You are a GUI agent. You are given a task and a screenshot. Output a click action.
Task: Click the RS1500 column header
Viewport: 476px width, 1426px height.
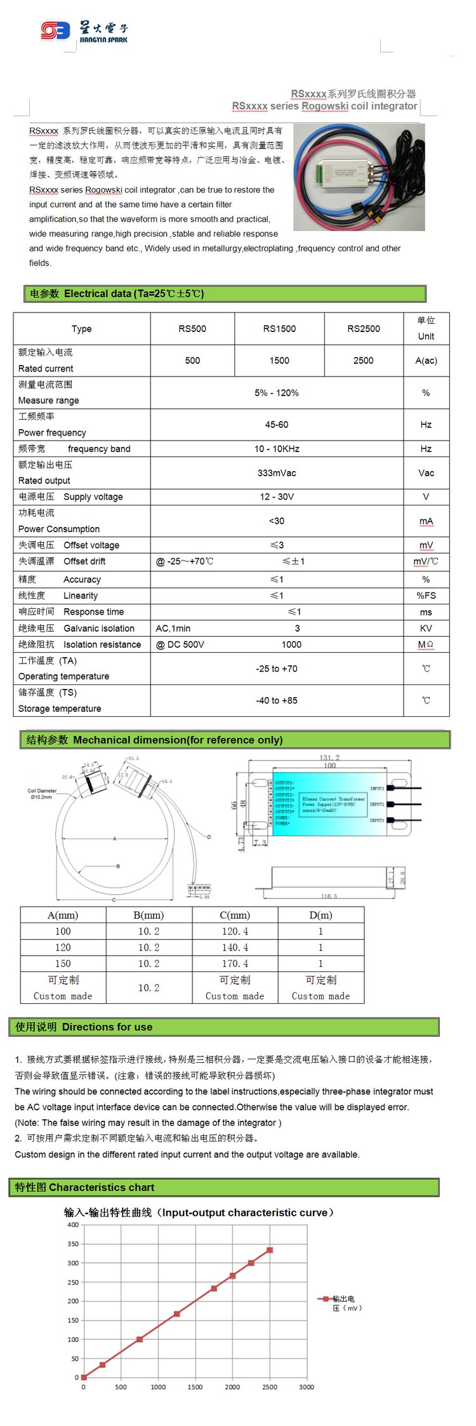279,328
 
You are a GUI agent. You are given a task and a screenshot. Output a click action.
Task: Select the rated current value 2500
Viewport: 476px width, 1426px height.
363,360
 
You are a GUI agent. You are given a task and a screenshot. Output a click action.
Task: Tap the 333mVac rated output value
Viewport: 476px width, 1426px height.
277,472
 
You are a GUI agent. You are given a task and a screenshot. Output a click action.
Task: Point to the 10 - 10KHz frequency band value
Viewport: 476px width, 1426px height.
277,448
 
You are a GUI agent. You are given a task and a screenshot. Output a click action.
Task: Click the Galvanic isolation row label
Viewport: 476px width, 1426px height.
98,628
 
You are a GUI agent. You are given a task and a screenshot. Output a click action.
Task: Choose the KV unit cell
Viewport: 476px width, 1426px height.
426,628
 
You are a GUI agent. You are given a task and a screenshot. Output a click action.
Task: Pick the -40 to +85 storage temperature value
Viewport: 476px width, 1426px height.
277,700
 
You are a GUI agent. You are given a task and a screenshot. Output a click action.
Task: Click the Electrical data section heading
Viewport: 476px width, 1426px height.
117,293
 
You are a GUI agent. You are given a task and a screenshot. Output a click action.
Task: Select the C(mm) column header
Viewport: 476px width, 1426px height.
235,915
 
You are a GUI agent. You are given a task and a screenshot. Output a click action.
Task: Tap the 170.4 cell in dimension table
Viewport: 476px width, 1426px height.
235,963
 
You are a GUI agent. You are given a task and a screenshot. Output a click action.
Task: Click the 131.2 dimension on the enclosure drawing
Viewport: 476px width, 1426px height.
329,757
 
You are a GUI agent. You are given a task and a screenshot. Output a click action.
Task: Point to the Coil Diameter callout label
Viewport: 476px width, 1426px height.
42,793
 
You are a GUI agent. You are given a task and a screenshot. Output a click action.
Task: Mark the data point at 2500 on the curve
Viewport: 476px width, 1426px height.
270,1249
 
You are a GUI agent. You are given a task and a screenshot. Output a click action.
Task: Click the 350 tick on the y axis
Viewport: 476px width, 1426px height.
73,1244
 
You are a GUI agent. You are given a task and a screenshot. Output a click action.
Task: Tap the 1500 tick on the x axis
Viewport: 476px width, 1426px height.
195,1387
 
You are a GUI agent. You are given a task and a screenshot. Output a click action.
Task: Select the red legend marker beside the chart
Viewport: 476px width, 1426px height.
326,1298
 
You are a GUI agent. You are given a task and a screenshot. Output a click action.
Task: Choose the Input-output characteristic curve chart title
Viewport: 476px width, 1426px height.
199,1212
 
